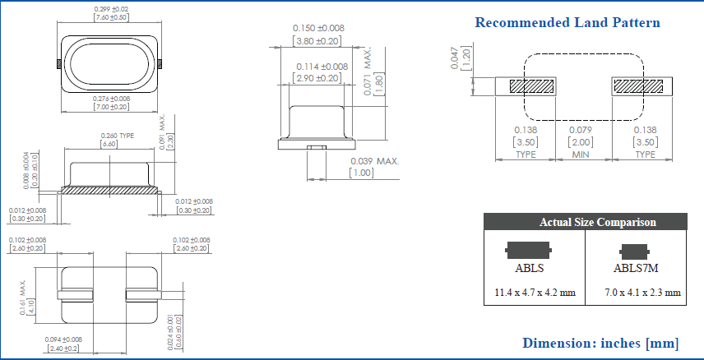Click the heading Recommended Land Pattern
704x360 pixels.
567,22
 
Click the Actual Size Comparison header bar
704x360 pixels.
586,222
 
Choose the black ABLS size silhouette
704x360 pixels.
529,249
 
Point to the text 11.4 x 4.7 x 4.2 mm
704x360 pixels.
534,292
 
